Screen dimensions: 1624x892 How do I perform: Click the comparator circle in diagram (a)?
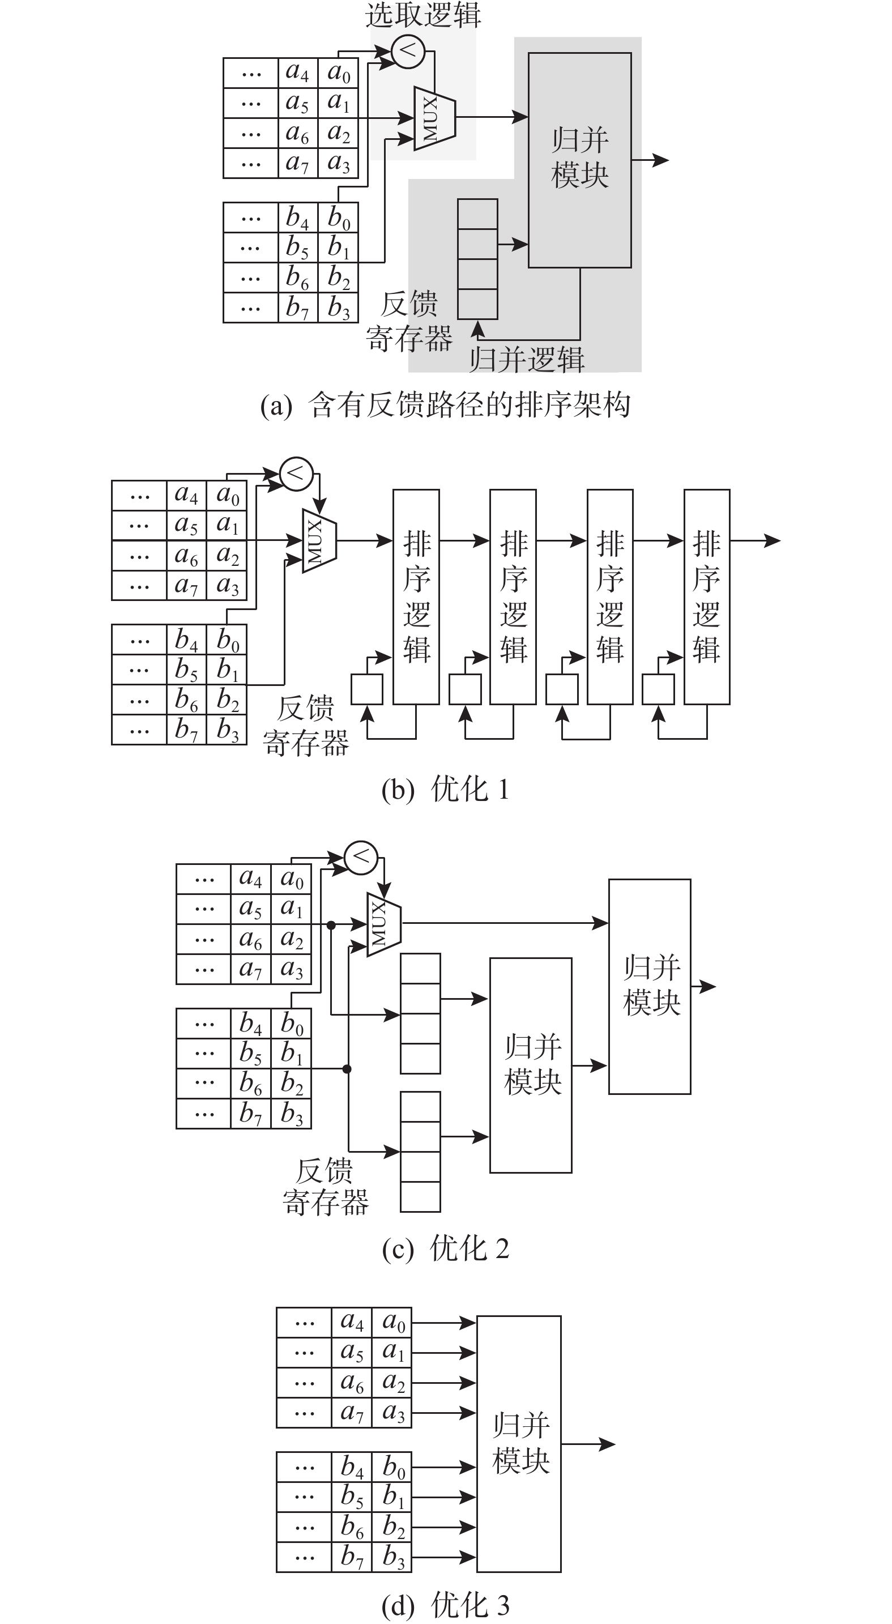(x=408, y=50)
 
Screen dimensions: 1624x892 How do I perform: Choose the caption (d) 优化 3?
(x=445, y=1605)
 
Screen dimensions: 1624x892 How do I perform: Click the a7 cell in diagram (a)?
(x=297, y=163)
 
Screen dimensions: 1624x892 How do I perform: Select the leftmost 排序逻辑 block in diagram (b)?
(x=416, y=596)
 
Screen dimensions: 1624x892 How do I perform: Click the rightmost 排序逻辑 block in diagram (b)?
(x=707, y=596)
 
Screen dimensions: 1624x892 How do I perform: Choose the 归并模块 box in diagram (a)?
(x=579, y=160)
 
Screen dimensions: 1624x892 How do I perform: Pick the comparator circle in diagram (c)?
(x=361, y=858)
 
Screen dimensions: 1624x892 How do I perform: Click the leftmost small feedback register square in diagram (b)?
(x=367, y=689)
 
